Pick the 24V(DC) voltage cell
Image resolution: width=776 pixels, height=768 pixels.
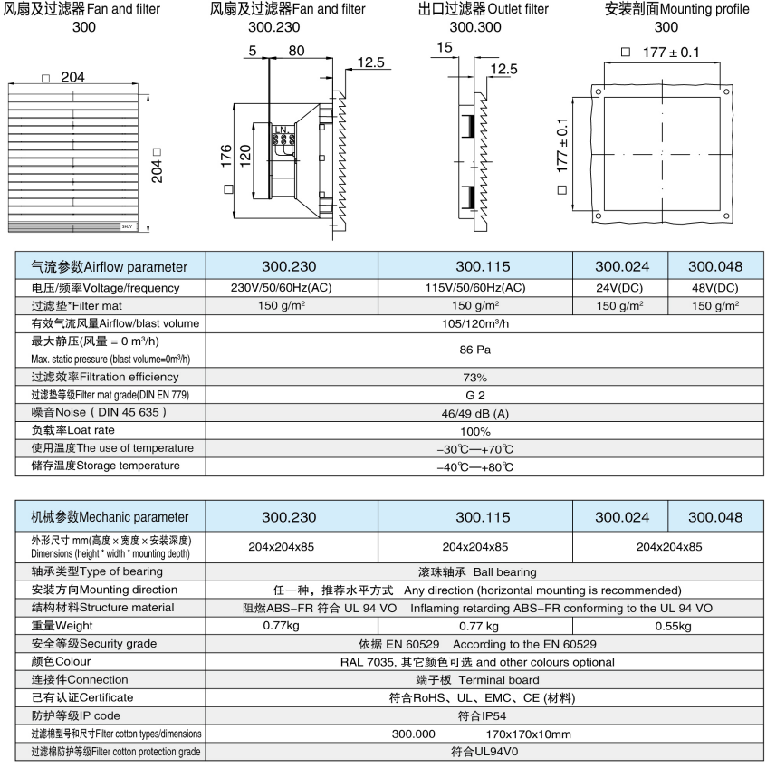(x=621, y=288)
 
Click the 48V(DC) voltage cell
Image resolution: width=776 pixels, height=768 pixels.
(x=714, y=288)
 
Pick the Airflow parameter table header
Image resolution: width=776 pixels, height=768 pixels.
(x=110, y=267)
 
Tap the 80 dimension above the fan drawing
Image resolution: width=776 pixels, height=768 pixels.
(x=295, y=52)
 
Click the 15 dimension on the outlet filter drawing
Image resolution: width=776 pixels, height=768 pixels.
(x=444, y=47)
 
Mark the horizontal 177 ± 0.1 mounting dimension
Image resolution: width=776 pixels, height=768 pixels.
(x=670, y=53)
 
